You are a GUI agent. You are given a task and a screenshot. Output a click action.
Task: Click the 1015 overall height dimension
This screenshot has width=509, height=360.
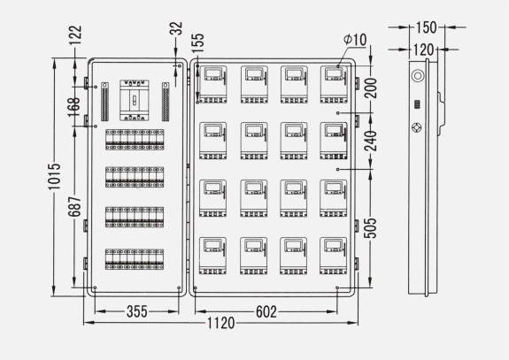point(54,176)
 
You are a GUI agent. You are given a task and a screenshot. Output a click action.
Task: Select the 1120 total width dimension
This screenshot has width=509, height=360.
point(220,323)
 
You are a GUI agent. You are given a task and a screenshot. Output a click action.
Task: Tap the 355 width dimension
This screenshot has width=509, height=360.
point(137,311)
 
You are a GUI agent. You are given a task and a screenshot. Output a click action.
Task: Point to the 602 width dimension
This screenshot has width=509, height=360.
point(266,312)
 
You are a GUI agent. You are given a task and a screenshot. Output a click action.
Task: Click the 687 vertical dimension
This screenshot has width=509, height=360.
point(74,206)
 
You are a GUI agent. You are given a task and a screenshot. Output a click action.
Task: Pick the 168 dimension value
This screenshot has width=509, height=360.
point(74,107)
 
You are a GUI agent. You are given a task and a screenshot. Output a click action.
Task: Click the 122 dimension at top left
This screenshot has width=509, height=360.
point(75,36)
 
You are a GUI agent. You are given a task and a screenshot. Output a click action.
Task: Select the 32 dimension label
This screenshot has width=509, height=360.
point(175,28)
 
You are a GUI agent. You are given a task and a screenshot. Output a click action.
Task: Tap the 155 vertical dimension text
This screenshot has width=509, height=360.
point(197,43)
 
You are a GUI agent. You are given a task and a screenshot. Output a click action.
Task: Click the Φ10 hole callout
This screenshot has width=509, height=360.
point(355,40)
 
